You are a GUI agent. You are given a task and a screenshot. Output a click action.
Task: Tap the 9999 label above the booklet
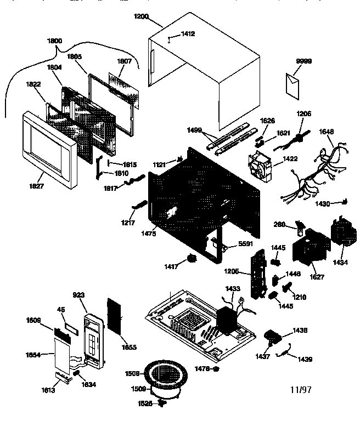point(303,61)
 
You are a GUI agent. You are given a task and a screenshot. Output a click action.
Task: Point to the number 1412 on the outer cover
point(188,34)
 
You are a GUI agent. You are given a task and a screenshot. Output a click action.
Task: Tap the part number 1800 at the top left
point(54,41)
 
